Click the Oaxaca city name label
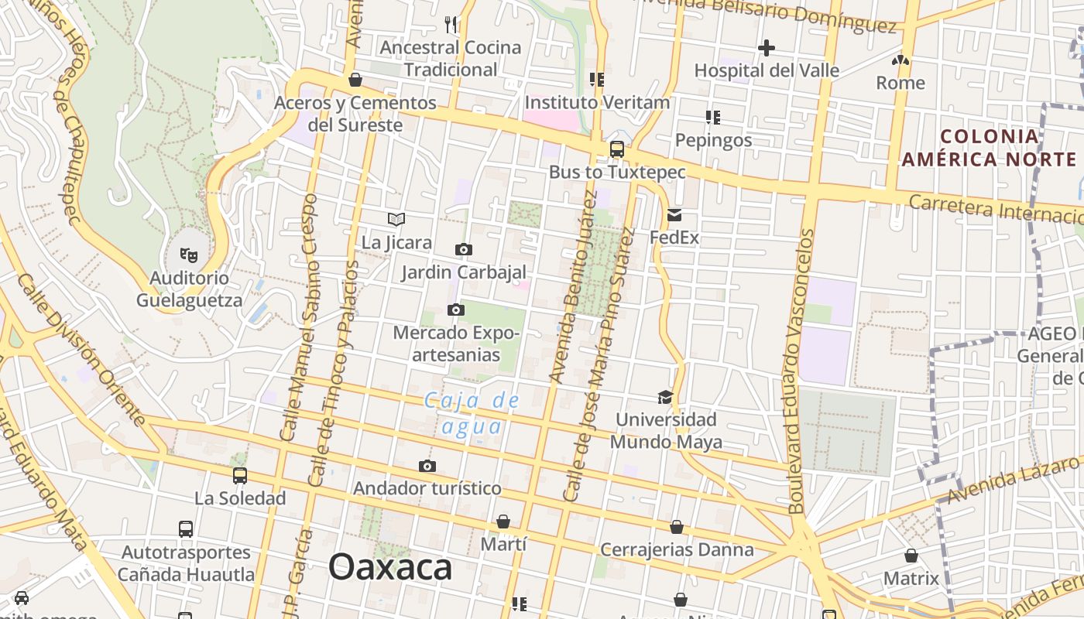390,567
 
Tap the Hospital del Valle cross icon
766,48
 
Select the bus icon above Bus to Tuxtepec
617,149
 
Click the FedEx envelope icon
674,215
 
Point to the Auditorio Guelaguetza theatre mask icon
189,254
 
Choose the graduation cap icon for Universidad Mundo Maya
665,398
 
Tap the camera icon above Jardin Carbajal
464,249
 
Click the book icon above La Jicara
396,220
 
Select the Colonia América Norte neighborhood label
989,148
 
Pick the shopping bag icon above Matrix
911,556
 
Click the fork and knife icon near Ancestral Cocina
451,25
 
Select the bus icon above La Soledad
240,476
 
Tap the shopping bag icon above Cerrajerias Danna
677,527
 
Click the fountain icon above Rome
900,60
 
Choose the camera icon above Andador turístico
427,466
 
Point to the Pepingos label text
713,140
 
